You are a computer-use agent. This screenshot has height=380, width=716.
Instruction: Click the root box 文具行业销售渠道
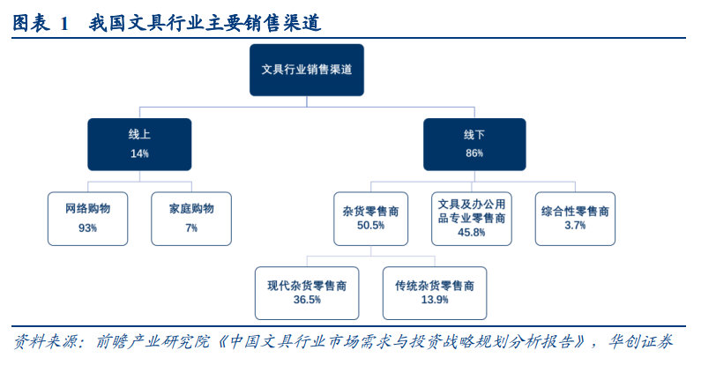[306, 70]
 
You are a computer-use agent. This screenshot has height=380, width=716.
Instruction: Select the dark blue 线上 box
[139, 145]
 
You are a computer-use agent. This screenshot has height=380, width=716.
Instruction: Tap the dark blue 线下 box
[474, 145]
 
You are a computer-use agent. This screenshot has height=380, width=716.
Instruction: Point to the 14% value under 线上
[139, 153]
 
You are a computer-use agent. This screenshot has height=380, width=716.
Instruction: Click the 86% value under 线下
[474, 153]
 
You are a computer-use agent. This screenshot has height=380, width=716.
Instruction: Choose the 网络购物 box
[87, 219]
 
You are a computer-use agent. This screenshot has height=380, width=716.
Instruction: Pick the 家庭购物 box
[191, 219]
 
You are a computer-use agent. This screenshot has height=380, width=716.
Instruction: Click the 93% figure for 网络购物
[87, 227]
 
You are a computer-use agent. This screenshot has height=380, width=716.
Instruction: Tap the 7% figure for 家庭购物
[191, 227]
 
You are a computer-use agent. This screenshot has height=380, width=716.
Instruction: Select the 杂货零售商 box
[370, 219]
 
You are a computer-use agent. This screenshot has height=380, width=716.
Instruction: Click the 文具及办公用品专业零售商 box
[472, 219]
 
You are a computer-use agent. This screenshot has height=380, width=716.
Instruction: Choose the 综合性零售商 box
[575, 219]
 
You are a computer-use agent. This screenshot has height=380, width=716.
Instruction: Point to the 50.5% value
[370, 225]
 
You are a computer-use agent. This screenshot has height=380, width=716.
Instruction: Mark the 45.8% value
[472, 233]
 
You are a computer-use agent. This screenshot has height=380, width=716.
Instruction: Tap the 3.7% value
[575, 225]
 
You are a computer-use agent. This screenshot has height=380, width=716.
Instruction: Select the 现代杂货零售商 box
[307, 294]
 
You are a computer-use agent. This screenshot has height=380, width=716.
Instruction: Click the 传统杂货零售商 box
[435, 294]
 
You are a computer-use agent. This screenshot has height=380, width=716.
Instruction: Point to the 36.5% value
[307, 300]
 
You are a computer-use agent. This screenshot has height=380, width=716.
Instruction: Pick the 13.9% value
[435, 300]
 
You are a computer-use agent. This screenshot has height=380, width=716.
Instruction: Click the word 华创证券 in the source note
[640, 341]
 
